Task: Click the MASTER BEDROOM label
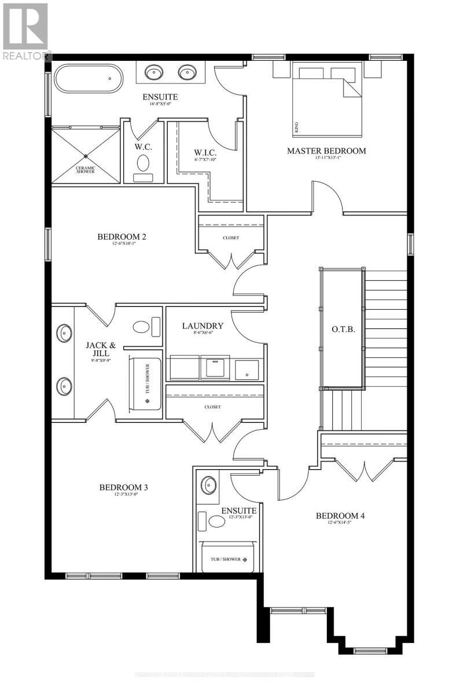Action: (x=326, y=151)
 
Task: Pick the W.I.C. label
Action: (x=205, y=153)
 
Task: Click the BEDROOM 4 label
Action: (x=340, y=515)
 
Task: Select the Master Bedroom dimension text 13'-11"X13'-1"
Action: (x=326, y=158)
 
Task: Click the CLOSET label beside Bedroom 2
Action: (x=230, y=237)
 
